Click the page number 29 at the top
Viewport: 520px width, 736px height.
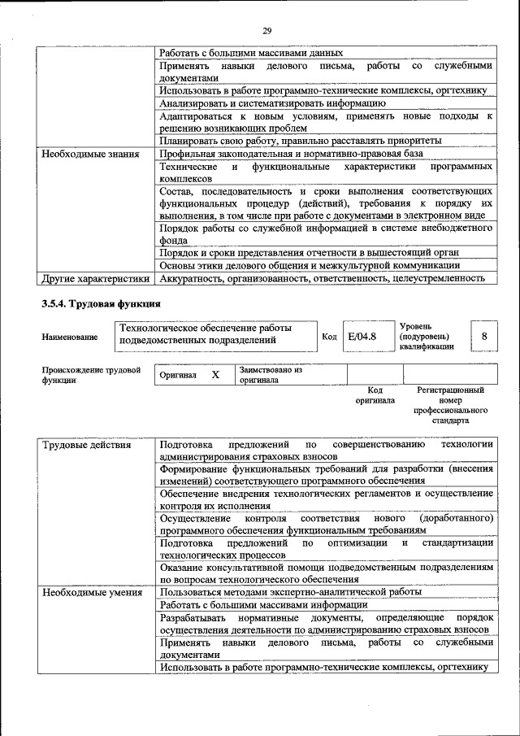266,31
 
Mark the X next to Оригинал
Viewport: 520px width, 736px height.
215,375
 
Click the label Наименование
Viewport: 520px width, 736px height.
70,337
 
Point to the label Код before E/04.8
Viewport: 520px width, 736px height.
329,336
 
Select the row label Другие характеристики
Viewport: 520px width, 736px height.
96,278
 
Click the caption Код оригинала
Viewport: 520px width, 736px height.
375,395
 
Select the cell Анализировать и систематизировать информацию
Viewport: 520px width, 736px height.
271,103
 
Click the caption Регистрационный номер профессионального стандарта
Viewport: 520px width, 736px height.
449,406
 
